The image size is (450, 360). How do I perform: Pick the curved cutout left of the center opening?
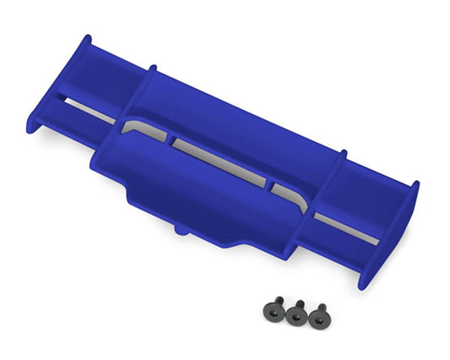[140, 131]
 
